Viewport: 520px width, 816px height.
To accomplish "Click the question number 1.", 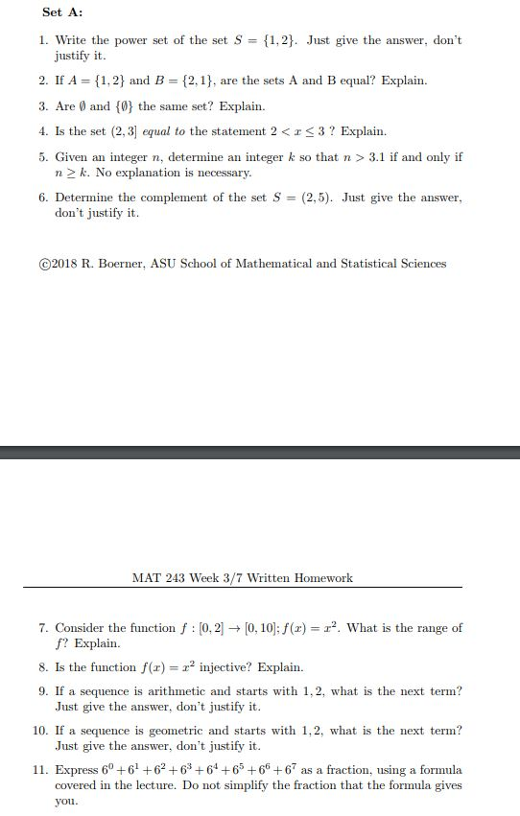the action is pyautogui.click(x=44, y=40).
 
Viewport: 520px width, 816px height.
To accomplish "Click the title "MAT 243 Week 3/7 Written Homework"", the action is pyautogui.click(x=242, y=578).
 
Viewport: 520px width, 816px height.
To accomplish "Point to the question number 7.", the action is pyautogui.click(x=44, y=628).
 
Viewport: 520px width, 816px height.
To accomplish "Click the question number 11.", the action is pyautogui.click(x=40, y=770).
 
